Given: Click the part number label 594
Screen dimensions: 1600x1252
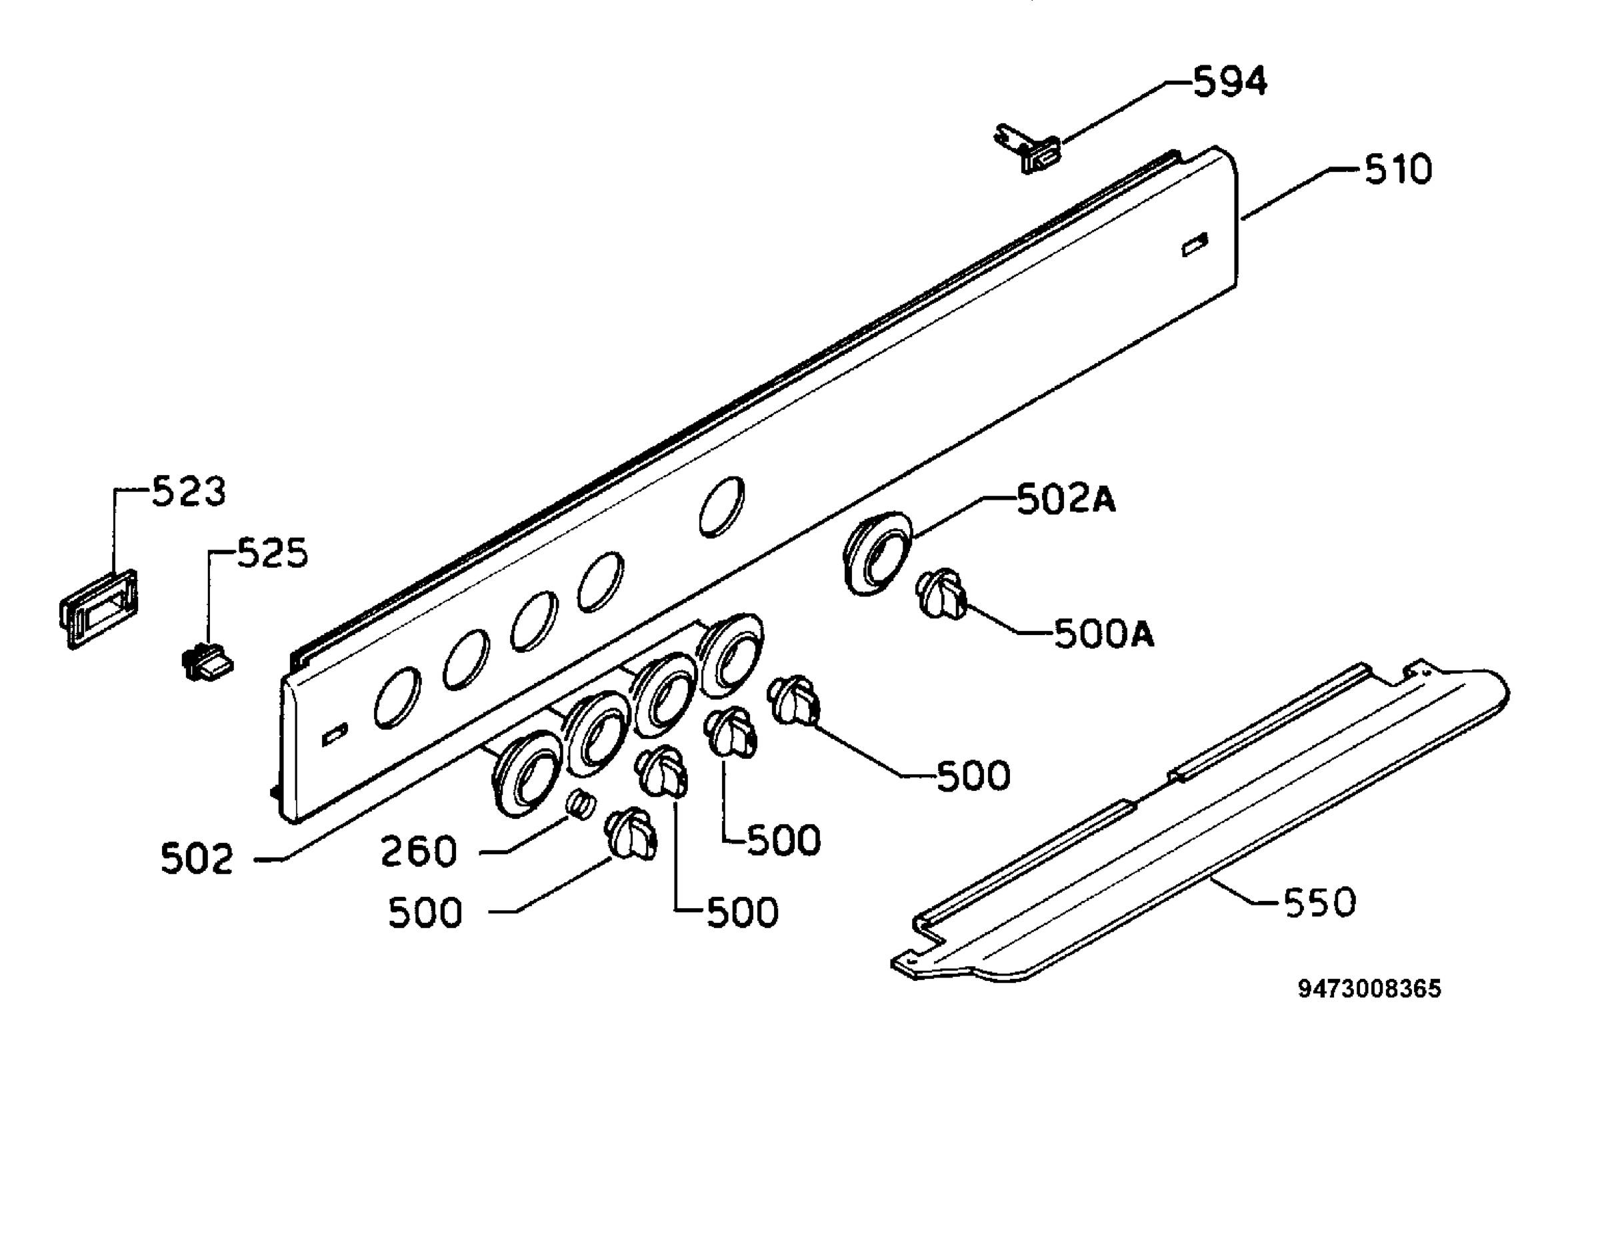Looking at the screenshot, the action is pyautogui.click(x=1230, y=81).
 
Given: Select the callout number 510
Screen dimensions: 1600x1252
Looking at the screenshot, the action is pyautogui.click(x=1397, y=169).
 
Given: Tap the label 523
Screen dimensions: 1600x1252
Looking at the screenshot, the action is pyautogui.click(x=189, y=490).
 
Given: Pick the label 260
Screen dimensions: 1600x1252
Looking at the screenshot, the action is pyautogui.click(x=419, y=851).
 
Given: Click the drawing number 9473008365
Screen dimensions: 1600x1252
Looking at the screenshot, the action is pyautogui.click(x=1370, y=989).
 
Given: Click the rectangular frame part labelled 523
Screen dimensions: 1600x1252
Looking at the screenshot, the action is pyautogui.click(x=99, y=608).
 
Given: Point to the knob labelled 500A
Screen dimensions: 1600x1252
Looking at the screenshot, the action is pyautogui.click(x=941, y=593).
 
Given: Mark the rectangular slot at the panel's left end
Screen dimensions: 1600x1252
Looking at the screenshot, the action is pyautogui.click(x=335, y=734).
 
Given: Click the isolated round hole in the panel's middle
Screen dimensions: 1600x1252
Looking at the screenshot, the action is pyautogui.click(x=721, y=506).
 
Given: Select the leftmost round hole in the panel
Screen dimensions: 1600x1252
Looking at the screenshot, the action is pyautogui.click(x=397, y=697).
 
